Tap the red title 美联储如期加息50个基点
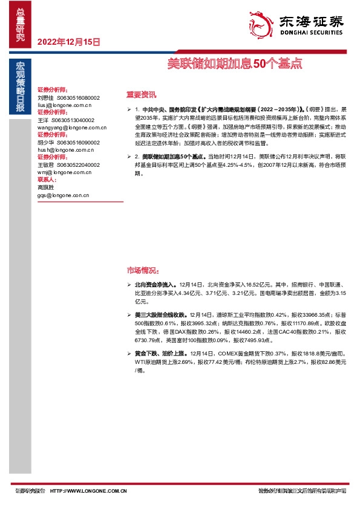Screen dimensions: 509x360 pos(234,62)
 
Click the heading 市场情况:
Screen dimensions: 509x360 pos(142,270)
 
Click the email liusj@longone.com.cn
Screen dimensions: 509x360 pos(64,105)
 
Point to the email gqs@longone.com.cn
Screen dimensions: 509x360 pos(63,195)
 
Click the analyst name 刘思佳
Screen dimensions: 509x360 pos(45,97)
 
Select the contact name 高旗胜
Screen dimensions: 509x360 pos(45,187)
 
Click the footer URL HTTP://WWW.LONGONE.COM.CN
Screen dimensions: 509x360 pos(88,491)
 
